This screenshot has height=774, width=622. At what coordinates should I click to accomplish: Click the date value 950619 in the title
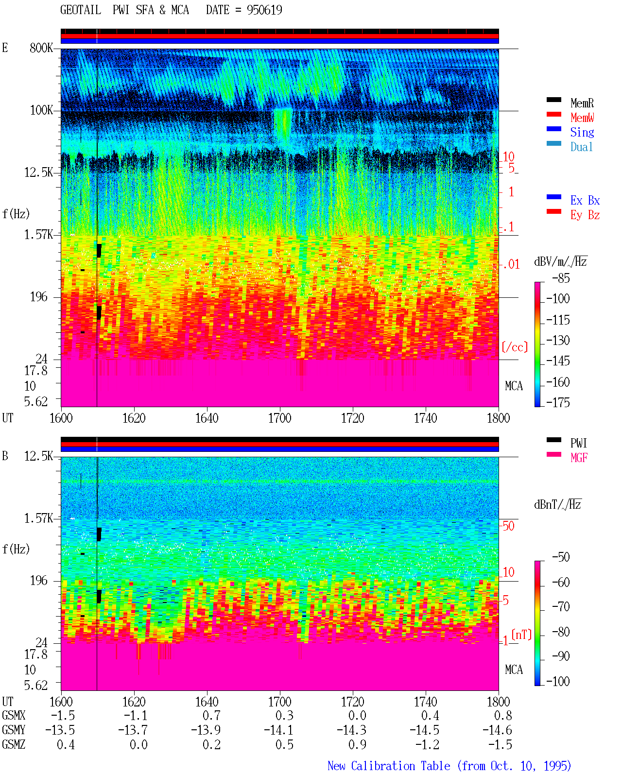tap(264, 10)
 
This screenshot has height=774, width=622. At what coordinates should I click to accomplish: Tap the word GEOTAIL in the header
tap(81, 10)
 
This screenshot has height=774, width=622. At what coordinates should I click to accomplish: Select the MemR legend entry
tap(582, 103)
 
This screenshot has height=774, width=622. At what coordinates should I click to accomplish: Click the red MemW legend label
tap(582, 118)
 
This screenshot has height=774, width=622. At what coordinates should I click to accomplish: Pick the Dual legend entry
tap(581, 147)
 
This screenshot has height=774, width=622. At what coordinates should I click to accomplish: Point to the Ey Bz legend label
tap(585, 215)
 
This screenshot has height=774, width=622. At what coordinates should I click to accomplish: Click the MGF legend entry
tap(579, 458)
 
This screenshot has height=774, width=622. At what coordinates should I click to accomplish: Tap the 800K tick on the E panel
tap(41, 48)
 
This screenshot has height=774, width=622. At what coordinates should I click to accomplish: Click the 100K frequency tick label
tap(41, 110)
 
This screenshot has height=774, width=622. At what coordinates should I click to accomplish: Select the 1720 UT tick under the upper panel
tap(353, 418)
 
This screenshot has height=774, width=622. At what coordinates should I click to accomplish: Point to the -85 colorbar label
tap(561, 278)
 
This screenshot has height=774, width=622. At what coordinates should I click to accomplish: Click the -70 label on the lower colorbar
tap(561, 607)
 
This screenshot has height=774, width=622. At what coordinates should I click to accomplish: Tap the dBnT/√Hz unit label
tap(557, 504)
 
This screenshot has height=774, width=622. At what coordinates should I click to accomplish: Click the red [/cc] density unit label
tap(515, 347)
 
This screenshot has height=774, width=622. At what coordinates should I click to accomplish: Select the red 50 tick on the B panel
tap(508, 526)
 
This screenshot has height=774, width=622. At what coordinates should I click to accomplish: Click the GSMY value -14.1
tap(278, 730)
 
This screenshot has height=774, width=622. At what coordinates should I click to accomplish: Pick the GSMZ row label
tap(14, 744)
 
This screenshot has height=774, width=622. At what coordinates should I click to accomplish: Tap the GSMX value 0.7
tap(211, 716)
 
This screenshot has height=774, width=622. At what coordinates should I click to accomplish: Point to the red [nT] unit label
tap(521, 635)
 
